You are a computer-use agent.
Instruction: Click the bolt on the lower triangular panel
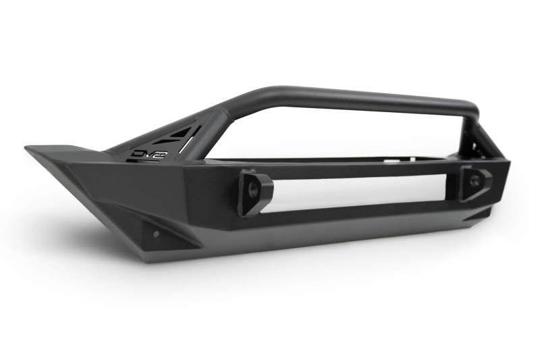156,234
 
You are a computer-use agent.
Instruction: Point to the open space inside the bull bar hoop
337,132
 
